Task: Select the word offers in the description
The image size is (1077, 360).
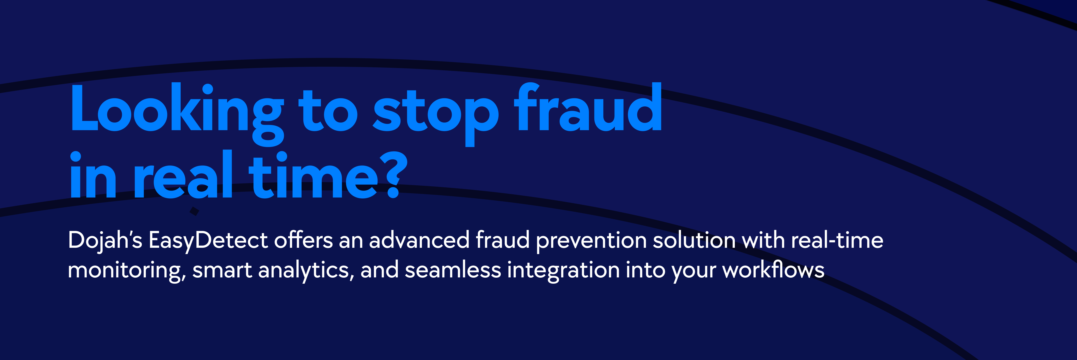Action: pyautogui.click(x=303, y=240)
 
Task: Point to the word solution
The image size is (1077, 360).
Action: pyautogui.click(x=694, y=240)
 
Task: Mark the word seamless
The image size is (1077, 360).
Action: pyautogui.click(x=453, y=270)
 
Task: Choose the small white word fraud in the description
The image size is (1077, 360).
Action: pyautogui.click(x=503, y=240)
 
